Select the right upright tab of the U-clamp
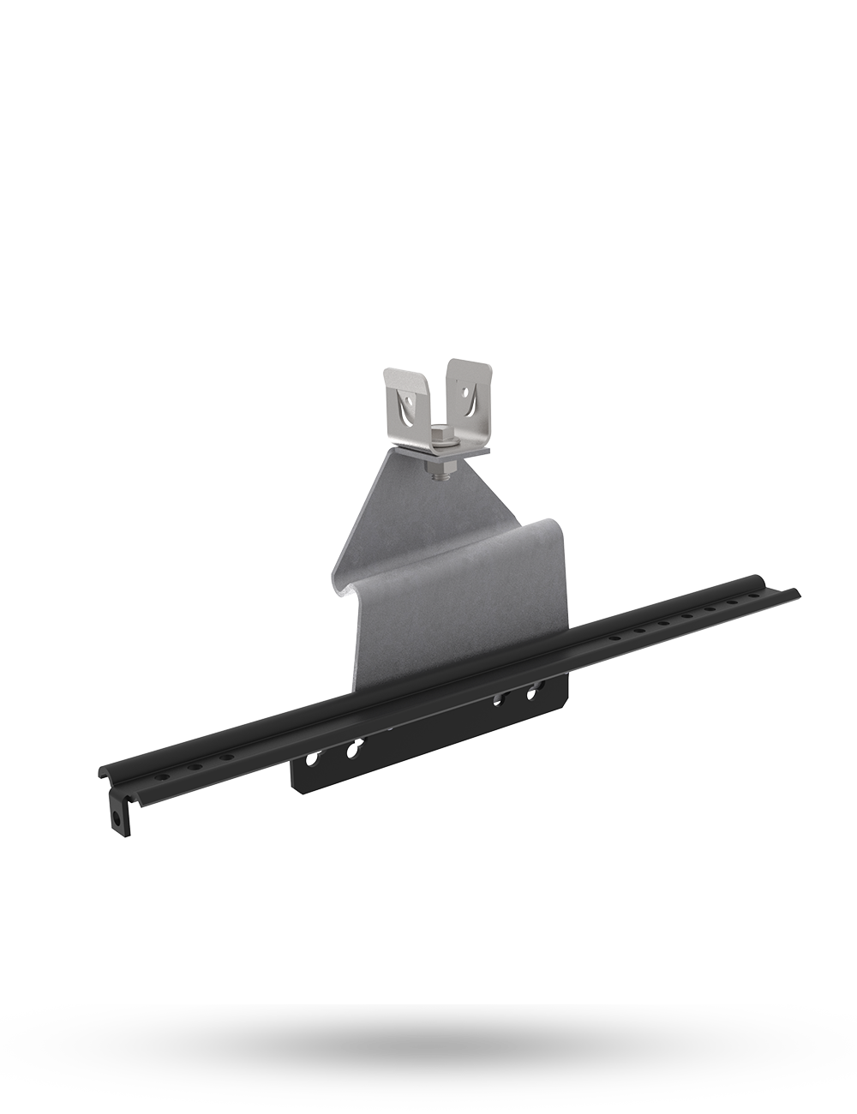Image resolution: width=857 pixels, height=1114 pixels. (x=470, y=393)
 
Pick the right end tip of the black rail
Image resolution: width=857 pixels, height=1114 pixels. (x=797, y=590)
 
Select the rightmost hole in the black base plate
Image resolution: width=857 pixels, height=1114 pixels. (x=533, y=688)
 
